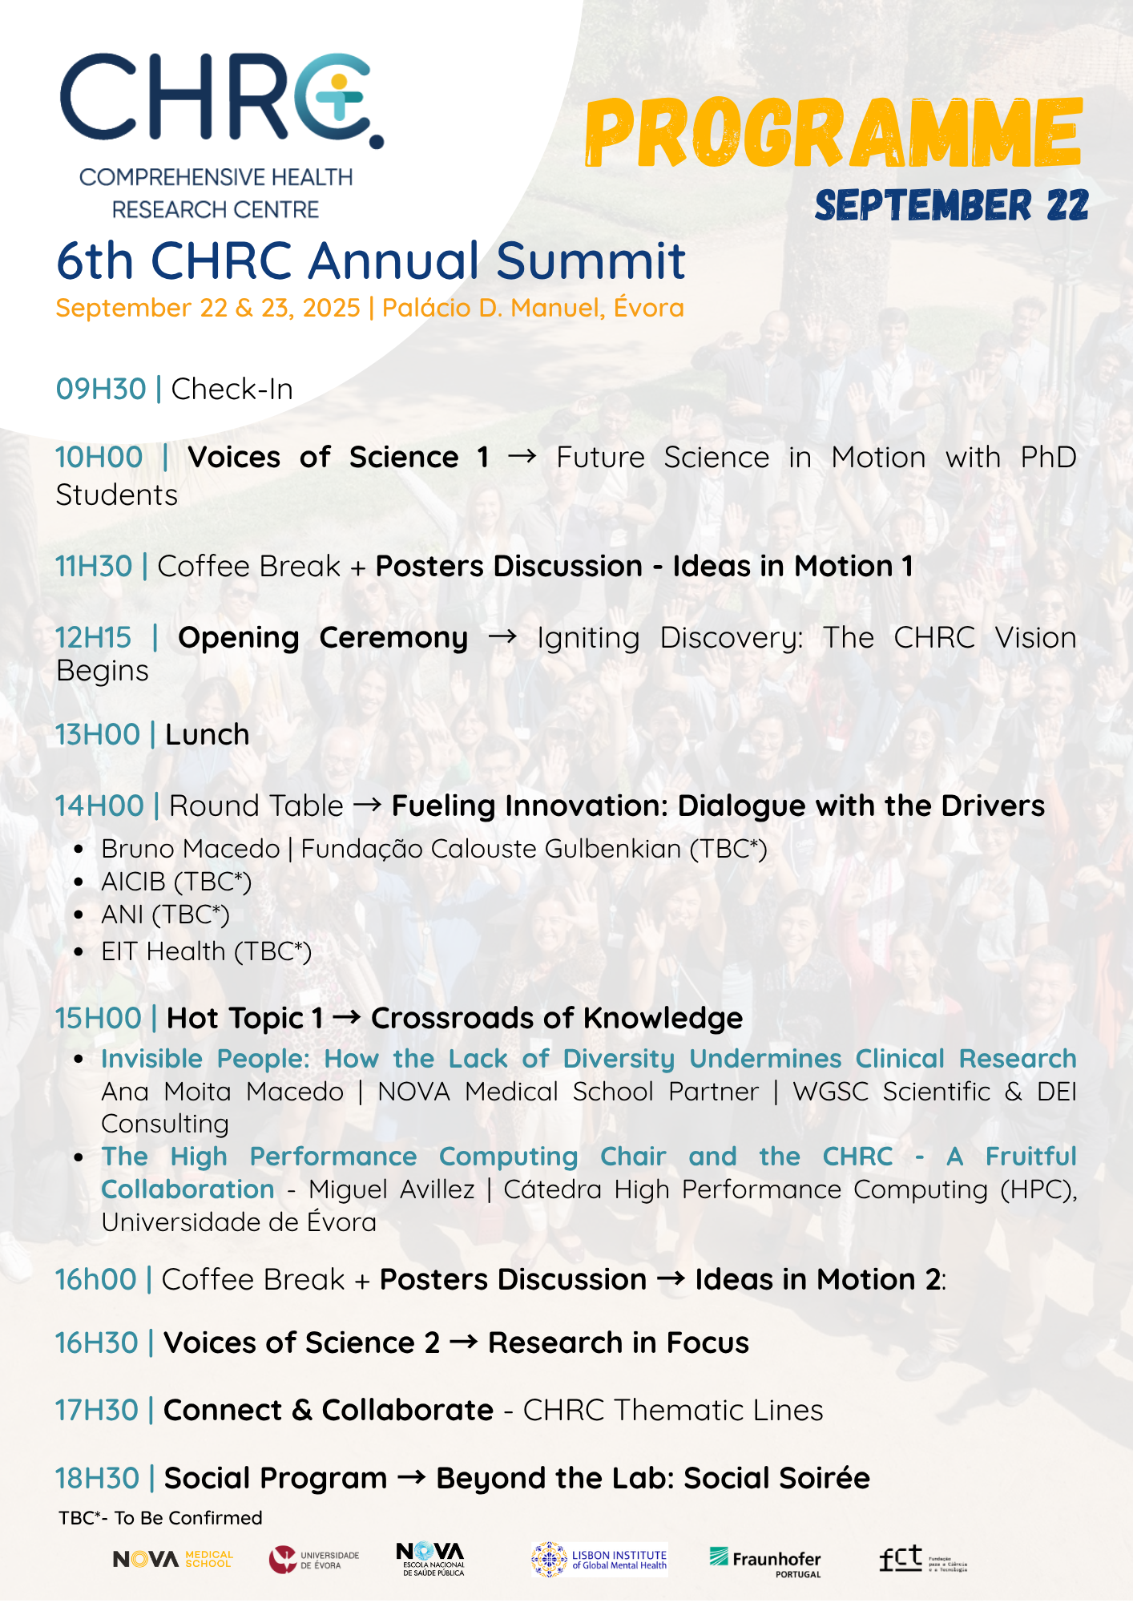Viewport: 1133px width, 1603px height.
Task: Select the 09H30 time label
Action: coord(101,389)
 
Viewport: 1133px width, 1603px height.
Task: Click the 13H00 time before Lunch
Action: coord(98,734)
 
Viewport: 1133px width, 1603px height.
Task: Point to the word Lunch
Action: coord(208,734)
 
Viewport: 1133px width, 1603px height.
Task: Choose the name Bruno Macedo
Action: coord(191,849)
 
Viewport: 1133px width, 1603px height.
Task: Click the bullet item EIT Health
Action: coord(206,951)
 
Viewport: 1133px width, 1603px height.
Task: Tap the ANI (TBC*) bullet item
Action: coord(165,915)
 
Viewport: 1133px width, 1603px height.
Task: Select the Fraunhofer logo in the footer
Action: coord(765,1561)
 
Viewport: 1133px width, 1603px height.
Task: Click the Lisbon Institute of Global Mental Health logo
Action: coord(599,1560)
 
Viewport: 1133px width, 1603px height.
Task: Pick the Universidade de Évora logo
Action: coord(314,1560)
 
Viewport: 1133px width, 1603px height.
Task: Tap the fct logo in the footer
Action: coord(923,1559)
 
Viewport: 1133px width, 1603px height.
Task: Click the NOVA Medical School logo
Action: coord(173,1559)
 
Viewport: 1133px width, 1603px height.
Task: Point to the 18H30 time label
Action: coord(97,1478)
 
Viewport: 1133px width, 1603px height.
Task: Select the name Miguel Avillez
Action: coord(392,1189)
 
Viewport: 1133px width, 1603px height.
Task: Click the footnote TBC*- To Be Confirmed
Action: coord(160,1518)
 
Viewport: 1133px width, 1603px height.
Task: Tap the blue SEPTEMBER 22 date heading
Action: coord(952,205)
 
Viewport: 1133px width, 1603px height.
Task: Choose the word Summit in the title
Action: coord(591,260)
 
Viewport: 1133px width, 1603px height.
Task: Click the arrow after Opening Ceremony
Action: coord(503,637)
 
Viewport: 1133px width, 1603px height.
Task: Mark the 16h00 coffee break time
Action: coord(96,1279)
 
